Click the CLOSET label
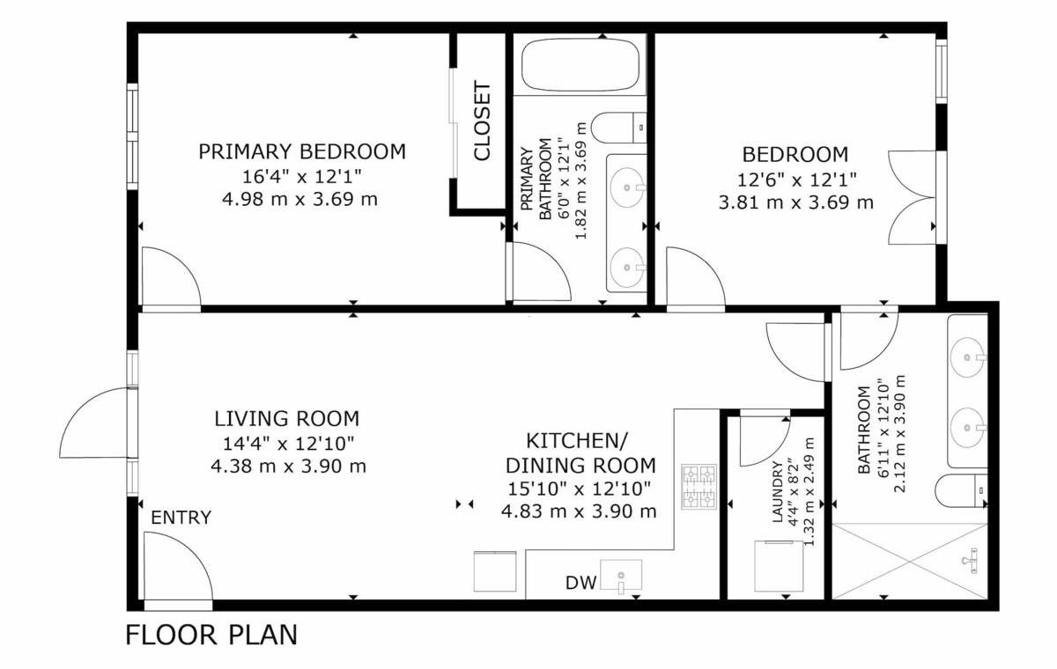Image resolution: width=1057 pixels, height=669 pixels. (483, 121)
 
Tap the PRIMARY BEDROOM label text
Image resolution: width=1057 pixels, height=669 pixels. (302, 151)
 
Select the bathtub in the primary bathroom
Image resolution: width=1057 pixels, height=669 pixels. (580, 64)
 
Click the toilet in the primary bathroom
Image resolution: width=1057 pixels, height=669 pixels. (618, 128)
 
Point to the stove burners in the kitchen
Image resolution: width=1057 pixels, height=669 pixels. (699, 487)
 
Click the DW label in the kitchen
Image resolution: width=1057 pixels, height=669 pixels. (580, 584)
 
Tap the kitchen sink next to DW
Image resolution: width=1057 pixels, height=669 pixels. (620, 575)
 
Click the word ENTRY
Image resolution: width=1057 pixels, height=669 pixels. (181, 518)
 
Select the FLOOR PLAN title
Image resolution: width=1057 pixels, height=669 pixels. (211, 635)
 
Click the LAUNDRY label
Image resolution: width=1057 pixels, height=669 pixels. (777, 492)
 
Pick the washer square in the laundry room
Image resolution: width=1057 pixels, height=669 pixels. (779, 566)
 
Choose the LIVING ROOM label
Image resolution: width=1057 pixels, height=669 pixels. (287, 419)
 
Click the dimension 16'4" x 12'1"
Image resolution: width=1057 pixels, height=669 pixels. (302, 177)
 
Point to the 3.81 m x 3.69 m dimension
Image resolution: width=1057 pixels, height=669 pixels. (796, 202)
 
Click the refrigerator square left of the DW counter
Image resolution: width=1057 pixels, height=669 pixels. (494, 571)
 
